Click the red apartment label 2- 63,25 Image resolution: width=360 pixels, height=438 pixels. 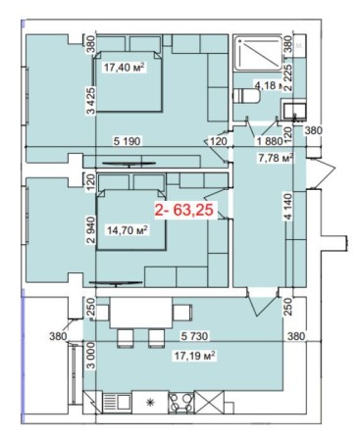pos(187,210)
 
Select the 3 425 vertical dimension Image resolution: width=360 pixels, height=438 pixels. pos(90,98)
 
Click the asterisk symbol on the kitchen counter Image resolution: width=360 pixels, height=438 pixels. pos(150,403)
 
